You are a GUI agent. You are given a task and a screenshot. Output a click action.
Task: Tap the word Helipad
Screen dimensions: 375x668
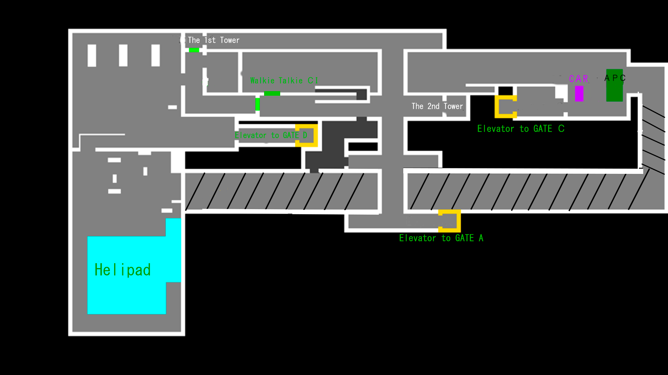click(122, 270)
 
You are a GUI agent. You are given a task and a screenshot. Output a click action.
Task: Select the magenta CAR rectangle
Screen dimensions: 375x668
click(579, 94)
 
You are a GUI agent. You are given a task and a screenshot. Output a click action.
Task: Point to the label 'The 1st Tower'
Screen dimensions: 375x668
click(213, 40)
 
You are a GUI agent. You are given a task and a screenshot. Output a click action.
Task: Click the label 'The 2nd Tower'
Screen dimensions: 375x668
click(437, 106)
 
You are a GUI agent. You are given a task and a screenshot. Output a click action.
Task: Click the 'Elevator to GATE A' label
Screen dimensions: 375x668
click(441, 238)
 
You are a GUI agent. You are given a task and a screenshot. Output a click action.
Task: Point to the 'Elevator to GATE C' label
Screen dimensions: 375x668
click(521, 129)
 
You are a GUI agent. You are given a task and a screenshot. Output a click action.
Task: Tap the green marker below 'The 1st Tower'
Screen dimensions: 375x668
click(194, 50)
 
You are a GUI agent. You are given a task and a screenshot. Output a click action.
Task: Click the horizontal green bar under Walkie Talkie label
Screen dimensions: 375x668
click(272, 94)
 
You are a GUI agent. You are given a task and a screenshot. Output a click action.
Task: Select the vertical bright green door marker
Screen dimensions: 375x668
click(257, 104)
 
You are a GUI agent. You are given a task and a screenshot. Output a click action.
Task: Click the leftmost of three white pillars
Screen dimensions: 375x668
click(92, 55)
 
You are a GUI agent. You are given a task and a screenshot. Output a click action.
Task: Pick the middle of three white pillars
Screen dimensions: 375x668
click(123, 55)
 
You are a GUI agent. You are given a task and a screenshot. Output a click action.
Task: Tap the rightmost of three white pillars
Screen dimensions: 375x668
click(156, 55)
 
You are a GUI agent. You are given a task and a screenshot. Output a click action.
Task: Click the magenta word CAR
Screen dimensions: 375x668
click(578, 79)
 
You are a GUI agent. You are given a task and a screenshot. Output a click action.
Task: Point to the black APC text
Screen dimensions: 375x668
click(615, 78)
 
